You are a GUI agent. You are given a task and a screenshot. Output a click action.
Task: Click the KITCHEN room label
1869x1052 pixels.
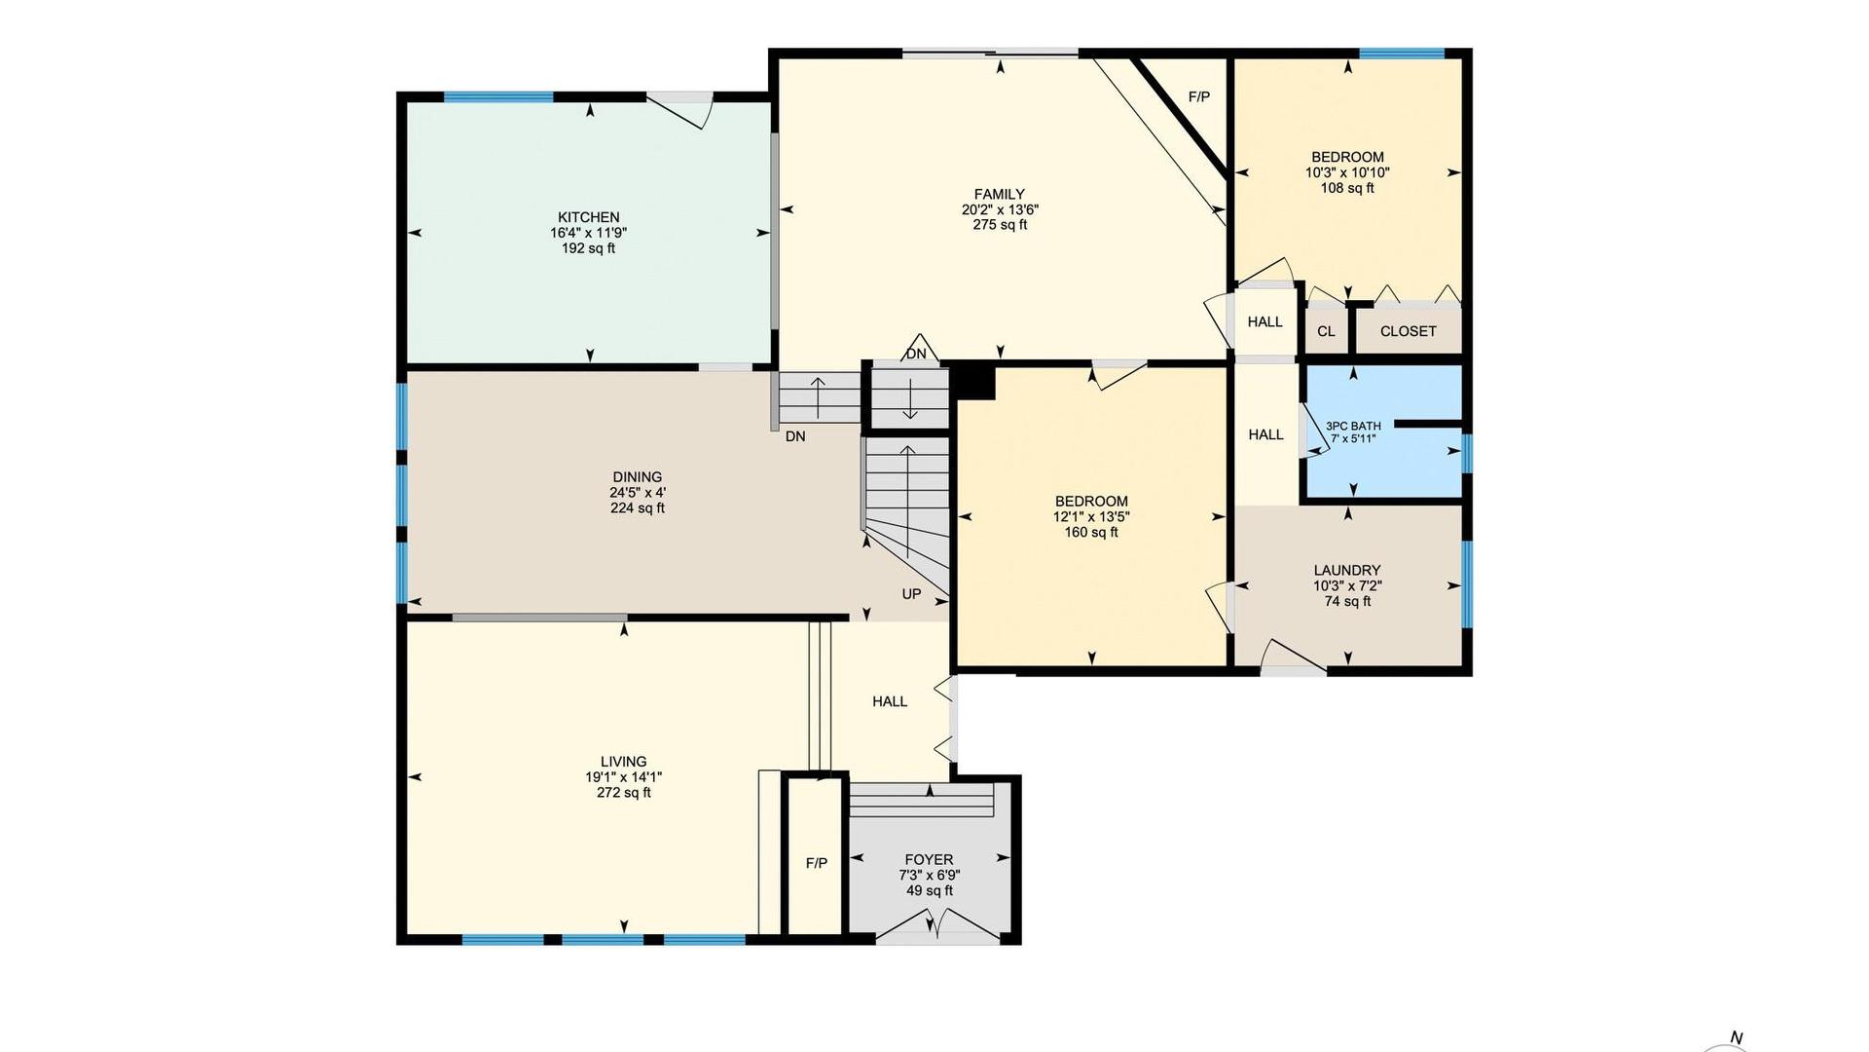589,217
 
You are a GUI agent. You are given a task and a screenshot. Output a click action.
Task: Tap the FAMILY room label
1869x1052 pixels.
1000,194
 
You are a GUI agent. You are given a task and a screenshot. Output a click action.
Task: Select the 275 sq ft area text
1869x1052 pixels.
1000,225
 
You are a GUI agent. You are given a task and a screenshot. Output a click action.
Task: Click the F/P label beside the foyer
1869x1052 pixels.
816,863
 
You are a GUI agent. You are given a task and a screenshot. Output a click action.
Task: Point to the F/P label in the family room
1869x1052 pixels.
1199,97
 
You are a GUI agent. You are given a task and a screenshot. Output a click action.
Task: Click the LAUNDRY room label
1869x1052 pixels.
1347,570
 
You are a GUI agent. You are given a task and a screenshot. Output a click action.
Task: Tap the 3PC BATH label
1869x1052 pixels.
1353,426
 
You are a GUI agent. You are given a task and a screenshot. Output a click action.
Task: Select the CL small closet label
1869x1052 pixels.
1326,331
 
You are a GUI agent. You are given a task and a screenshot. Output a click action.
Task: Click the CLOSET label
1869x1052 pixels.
1408,331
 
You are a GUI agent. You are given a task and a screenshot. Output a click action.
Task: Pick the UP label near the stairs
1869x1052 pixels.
911,593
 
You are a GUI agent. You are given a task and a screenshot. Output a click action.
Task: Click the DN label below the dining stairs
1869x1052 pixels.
795,436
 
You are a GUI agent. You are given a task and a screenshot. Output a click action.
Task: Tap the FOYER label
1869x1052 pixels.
929,859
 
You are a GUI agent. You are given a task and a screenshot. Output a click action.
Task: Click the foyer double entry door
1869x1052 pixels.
937,925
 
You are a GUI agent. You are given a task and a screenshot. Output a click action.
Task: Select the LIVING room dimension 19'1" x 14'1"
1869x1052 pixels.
623,777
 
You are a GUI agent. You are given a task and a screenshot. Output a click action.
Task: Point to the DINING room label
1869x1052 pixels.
638,476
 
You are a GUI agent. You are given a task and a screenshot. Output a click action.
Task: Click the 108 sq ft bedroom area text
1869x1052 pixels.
1347,188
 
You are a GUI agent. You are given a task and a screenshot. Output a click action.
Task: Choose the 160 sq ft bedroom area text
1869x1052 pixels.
1091,533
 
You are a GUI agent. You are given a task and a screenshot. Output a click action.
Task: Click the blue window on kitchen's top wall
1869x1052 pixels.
498,96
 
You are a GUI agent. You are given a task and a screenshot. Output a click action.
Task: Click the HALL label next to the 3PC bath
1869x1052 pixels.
1265,434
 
